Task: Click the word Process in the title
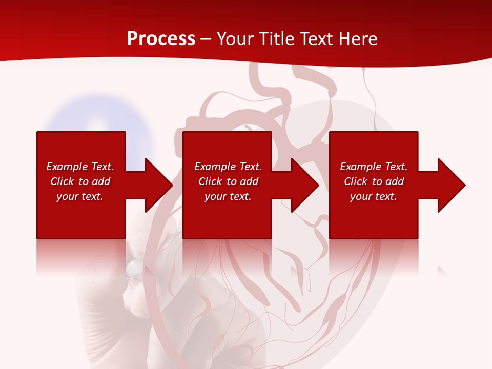[x=161, y=39]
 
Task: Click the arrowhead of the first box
[x=158, y=185]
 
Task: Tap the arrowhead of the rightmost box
[x=451, y=185]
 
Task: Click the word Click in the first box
[x=62, y=181]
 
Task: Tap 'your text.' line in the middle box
[x=228, y=196]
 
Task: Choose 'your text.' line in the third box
[x=373, y=196]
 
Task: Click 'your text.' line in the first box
[x=80, y=196]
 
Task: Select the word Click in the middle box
[x=210, y=181]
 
